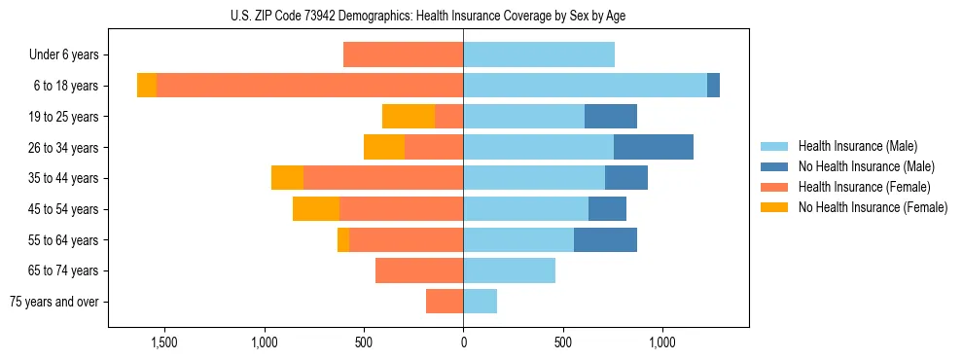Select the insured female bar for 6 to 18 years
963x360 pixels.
click(309, 86)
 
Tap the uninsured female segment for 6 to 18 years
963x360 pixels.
click(147, 86)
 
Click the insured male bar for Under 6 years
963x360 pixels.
click(539, 54)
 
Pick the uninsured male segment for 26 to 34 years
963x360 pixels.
click(654, 147)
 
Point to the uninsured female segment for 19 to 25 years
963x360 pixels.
click(409, 117)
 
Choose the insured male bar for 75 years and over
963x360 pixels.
click(481, 302)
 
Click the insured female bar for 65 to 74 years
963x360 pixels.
click(419, 270)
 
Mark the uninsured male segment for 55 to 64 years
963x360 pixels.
click(605, 240)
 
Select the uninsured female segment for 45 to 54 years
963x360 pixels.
click(316, 209)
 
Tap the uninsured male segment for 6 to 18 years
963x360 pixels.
click(713, 86)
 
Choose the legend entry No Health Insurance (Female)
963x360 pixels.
click(872, 207)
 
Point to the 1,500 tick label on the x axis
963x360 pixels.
click(163, 342)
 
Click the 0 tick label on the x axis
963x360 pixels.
click(463, 342)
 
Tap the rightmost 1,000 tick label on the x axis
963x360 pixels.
click(662, 342)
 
